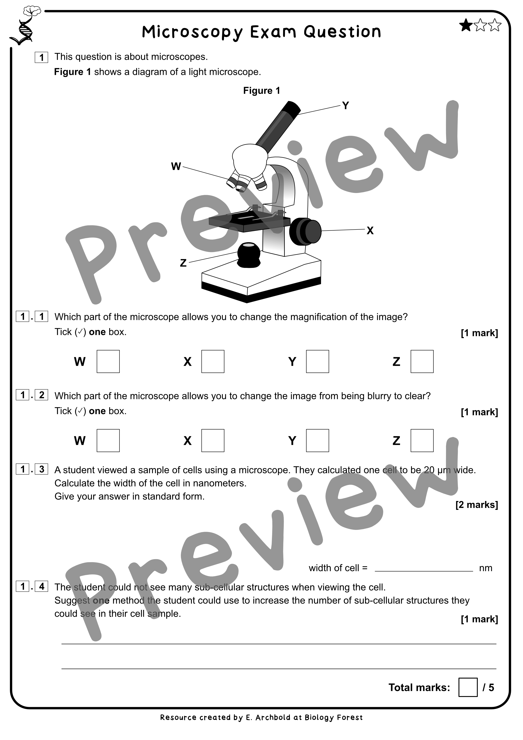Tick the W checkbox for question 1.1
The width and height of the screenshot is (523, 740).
click(108, 361)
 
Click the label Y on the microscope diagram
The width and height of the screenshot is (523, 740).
click(345, 105)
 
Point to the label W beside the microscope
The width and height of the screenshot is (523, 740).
click(176, 166)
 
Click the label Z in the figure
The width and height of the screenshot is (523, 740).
click(183, 263)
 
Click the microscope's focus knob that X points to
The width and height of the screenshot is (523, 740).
click(306, 231)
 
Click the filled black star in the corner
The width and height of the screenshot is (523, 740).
click(465, 26)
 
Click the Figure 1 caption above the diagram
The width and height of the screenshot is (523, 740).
click(261, 90)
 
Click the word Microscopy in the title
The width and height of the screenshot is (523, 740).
click(193, 32)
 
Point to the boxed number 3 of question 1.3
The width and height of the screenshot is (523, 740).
click(42, 469)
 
